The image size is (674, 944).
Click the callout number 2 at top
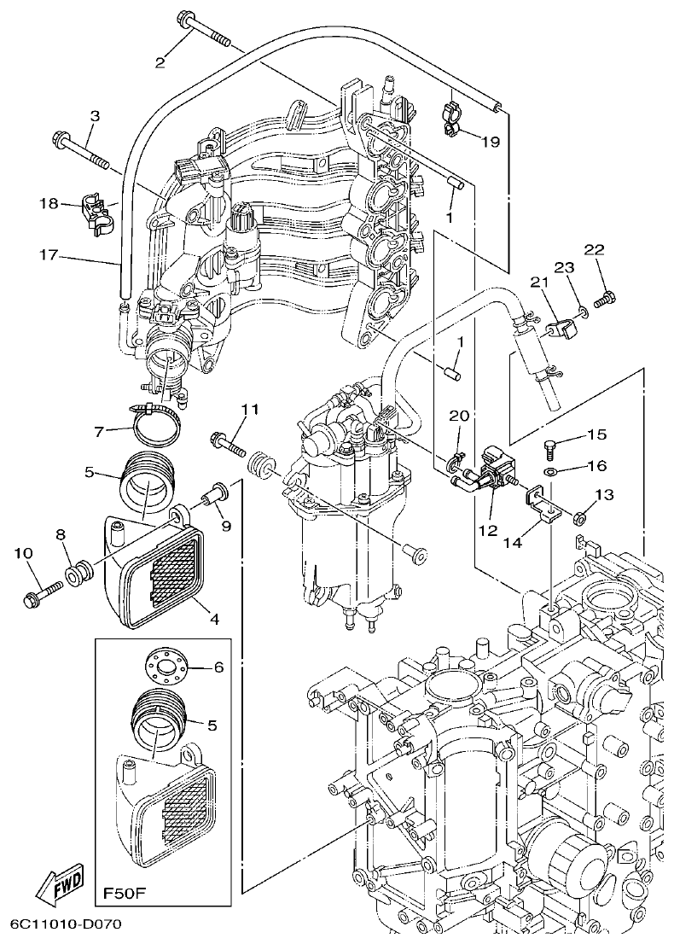tap(159, 61)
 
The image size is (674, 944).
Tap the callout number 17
tap(47, 254)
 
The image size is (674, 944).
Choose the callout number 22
tap(594, 249)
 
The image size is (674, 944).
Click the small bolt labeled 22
tap(604, 299)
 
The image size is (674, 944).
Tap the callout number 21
tap(537, 283)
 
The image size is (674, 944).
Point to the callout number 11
tap(247, 411)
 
